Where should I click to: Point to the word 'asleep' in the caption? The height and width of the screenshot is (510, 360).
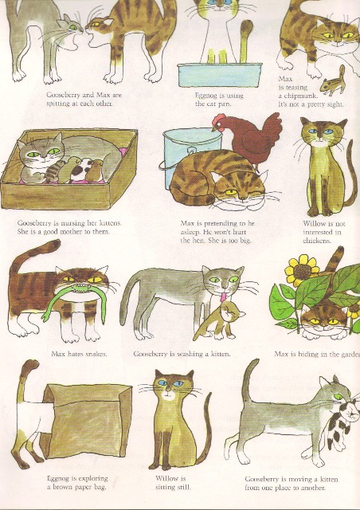click(x=194, y=232)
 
